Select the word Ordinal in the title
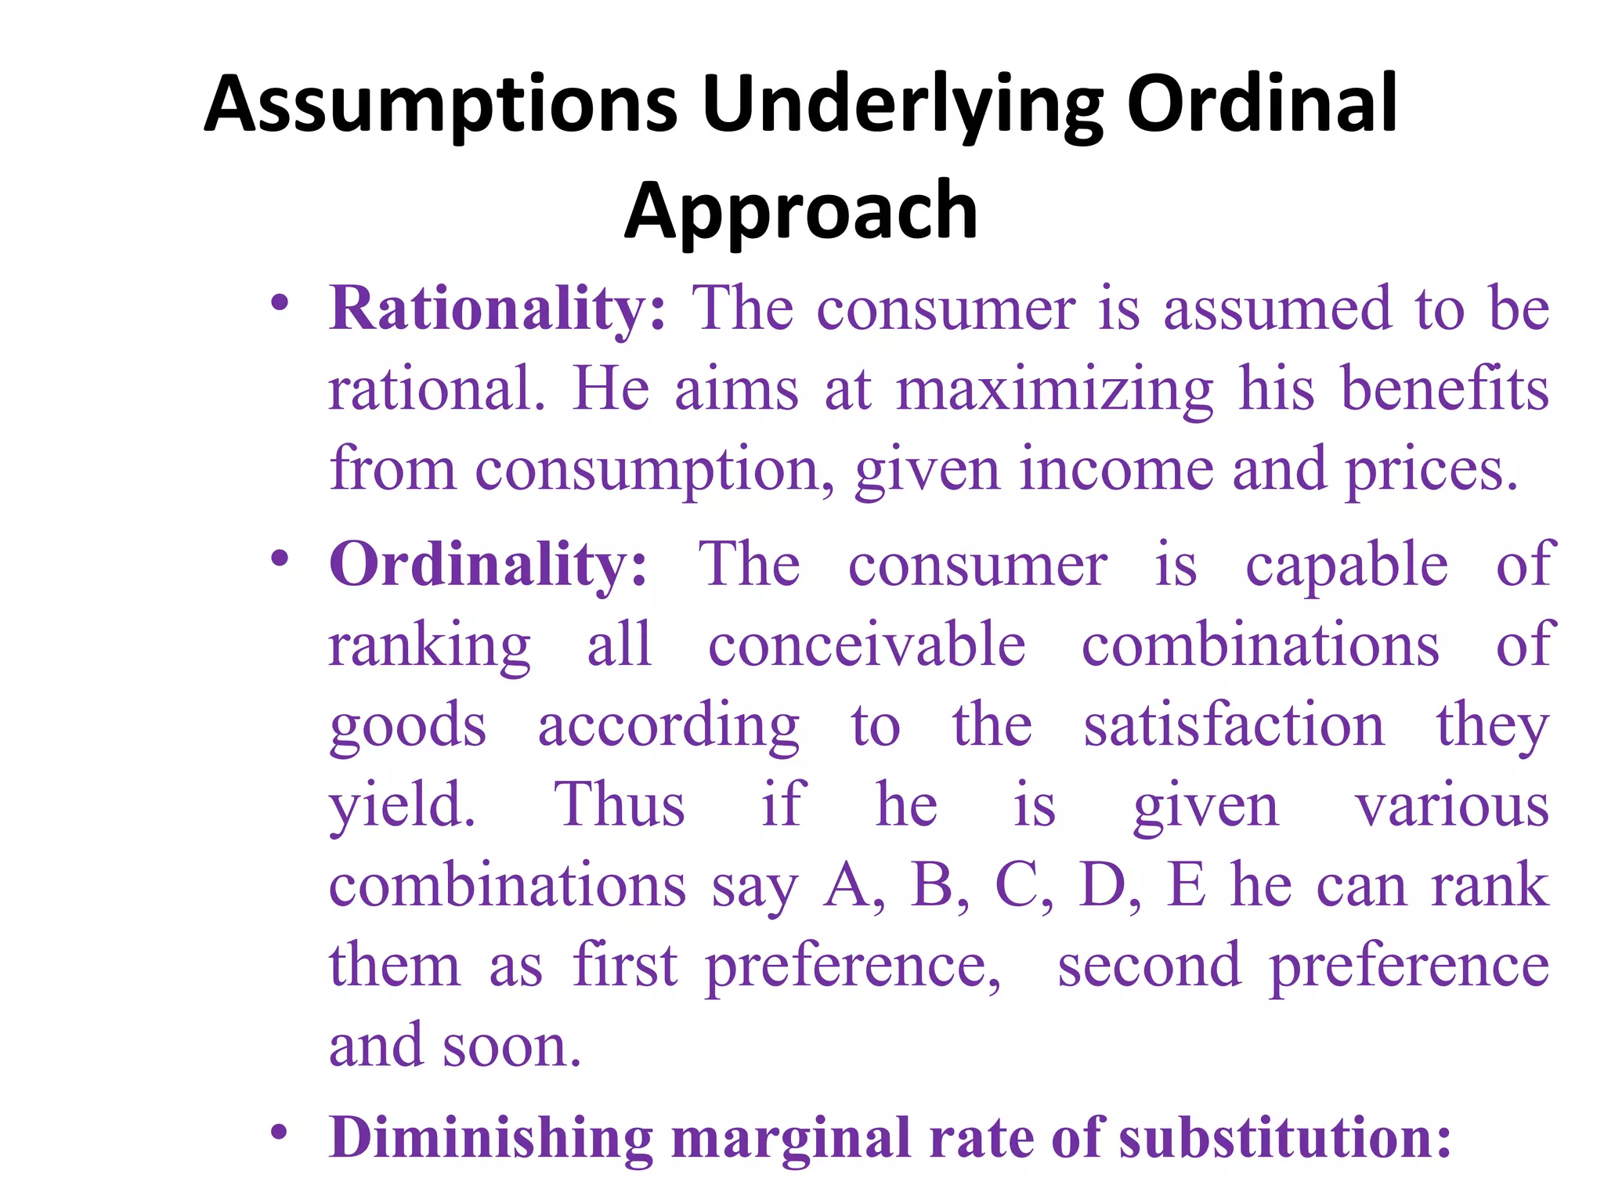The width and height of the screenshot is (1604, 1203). pos(1262,104)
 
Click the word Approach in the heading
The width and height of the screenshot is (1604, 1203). pos(800,212)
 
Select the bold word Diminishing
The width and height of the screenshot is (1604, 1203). pos(491,1137)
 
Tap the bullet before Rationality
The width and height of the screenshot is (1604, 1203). pos(280,302)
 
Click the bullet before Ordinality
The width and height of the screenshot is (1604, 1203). pos(280,558)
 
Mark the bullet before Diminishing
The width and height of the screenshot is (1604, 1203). pos(280,1133)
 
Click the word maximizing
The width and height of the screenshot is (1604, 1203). pos(1054,390)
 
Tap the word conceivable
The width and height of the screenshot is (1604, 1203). pos(867,645)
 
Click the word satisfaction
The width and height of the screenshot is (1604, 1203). pos(1234,725)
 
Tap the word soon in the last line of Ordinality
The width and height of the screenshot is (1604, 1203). pos(511,1046)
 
